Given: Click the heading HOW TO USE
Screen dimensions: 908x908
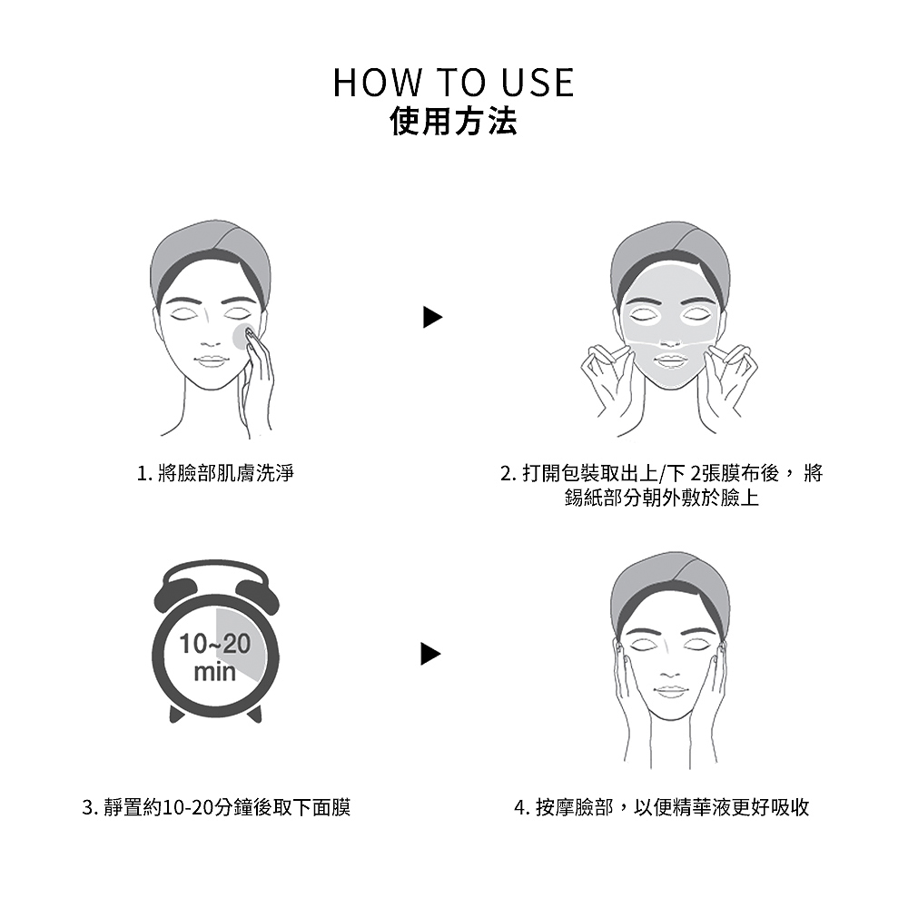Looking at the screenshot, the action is point(453,83).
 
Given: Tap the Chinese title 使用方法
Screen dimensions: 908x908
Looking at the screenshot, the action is point(453,122).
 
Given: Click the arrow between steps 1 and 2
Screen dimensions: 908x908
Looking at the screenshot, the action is point(432,317).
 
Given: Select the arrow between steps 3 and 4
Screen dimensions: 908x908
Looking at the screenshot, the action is point(430,654).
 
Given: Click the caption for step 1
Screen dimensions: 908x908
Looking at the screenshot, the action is point(215,473).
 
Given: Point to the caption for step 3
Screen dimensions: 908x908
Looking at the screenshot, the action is point(216,807).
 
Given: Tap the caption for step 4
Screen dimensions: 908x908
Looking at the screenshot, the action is point(661,807).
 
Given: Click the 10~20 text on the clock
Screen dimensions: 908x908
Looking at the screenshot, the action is point(215,644).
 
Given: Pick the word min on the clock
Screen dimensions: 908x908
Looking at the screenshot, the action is point(215,672).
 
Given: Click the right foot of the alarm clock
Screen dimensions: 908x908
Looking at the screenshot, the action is point(254,714).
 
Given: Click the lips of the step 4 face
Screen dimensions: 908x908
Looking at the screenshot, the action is point(670,691).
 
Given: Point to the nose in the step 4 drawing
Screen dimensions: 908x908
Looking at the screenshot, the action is point(670,674).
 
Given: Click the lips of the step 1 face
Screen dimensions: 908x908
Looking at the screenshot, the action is point(210,360).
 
